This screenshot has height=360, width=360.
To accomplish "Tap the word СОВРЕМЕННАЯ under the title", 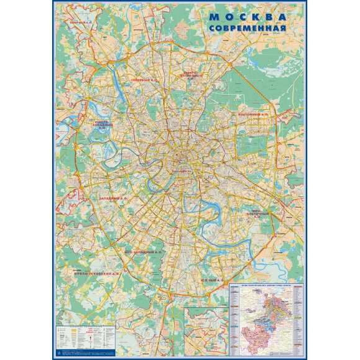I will [247, 29].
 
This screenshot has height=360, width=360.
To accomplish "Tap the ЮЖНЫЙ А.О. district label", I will [212, 281].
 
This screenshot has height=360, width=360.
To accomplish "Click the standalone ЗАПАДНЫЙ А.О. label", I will [112, 198].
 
